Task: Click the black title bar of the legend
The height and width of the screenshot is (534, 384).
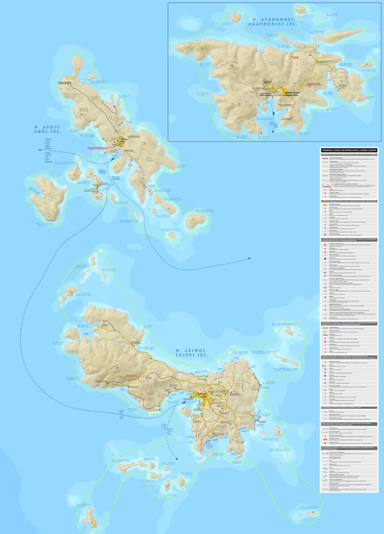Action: pos(349,149)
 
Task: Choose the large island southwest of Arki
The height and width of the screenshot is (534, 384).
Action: pos(47,196)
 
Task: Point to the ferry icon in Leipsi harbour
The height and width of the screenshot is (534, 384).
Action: pos(184,404)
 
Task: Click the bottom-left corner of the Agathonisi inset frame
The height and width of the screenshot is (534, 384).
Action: pos(168,141)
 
